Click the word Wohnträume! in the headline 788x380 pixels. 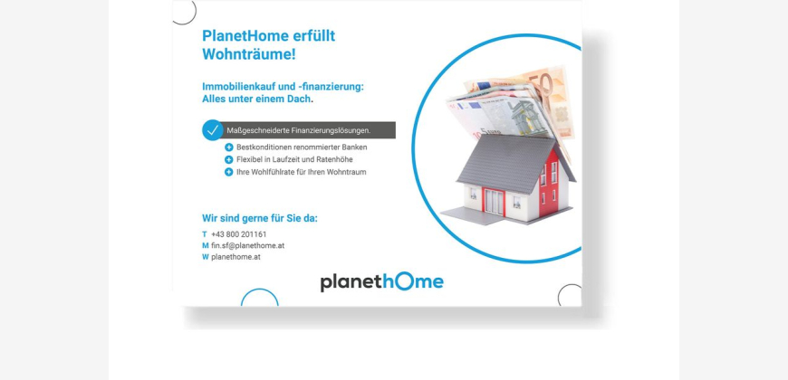pyautogui.click(x=249, y=54)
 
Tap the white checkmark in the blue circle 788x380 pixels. pyautogui.click(x=213, y=130)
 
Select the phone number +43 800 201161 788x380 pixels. pyautogui.click(x=239, y=234)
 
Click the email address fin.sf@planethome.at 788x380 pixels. pyautogui.click(x=248, y=245)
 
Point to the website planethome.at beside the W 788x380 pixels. pyautogui.click(x=235, y=257)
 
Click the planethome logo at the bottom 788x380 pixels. pyautogui.click(x=382, y=281)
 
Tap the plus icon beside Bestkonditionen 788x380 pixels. pyautogui.click(x=228, y=147)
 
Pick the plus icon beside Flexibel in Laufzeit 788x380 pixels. pyautogui.click(x=228, y=159)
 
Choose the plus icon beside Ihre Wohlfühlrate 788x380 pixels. pyautogui.click(x=228, y=172)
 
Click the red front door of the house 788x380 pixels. pyautogui.click(x=494, y=201)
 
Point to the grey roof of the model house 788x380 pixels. pyautogui.click(x=507, y=163)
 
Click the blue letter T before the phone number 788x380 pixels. pyautogui.click(x=205, y=234)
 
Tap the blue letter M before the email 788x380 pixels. pyautogui.click(x=206, y=245)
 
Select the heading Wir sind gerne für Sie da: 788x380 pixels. pyautogui.click(x=260, y=218)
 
